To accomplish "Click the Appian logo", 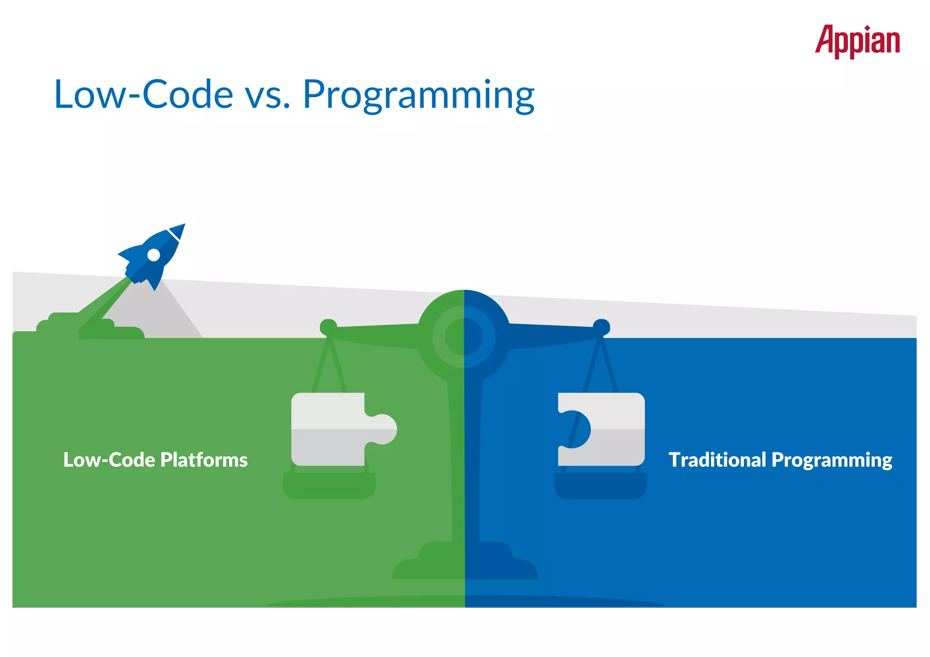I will [857, 41].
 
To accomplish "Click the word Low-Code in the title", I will [143, 94].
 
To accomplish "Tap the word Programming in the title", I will [418, 95].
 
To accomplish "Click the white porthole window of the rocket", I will [154, 255].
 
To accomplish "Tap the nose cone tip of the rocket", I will [183, 226].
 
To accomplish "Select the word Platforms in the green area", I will [204, 460].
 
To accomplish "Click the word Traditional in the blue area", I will [717, 460].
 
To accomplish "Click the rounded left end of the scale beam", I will [328, 327].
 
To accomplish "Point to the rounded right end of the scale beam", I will [601, 327].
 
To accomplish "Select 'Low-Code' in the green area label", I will [109, 460].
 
